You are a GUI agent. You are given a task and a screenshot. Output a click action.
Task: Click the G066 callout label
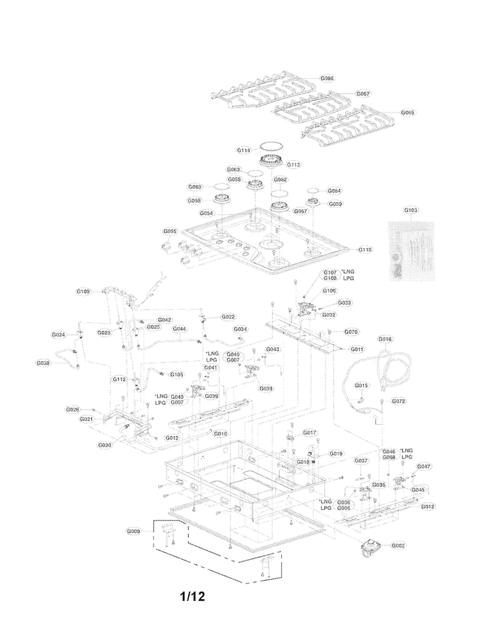[327, 79]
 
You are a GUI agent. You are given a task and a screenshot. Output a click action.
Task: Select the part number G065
[407, 113]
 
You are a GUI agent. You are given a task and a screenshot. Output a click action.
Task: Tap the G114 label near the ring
[244, 151]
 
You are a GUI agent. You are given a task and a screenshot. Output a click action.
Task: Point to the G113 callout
[293, 165]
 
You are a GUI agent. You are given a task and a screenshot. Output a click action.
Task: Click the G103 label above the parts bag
[411, 210]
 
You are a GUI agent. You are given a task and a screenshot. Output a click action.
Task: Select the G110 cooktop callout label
[365, 250]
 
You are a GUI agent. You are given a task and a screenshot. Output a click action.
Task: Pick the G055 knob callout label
[170, 232]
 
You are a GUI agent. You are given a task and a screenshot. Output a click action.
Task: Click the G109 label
[84, 291]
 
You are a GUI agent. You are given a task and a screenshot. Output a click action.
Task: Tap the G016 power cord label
[385, 340]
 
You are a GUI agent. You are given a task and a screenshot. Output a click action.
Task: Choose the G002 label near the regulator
[398, 546]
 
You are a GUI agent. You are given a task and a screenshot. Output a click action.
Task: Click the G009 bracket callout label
[133, 530]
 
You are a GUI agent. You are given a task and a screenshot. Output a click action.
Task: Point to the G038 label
[43, 363]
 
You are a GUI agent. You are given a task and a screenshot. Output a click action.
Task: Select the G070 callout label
[352, 332]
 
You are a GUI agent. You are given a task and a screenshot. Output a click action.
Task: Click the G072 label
[399, 401]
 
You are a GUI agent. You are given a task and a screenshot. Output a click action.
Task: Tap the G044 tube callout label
[179, 329]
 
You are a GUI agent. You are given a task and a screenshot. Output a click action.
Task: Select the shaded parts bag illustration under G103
[411, 250]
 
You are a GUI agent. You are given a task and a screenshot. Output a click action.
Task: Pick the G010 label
[220, 434]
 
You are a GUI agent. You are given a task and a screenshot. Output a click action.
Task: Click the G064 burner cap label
[334, 191]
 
